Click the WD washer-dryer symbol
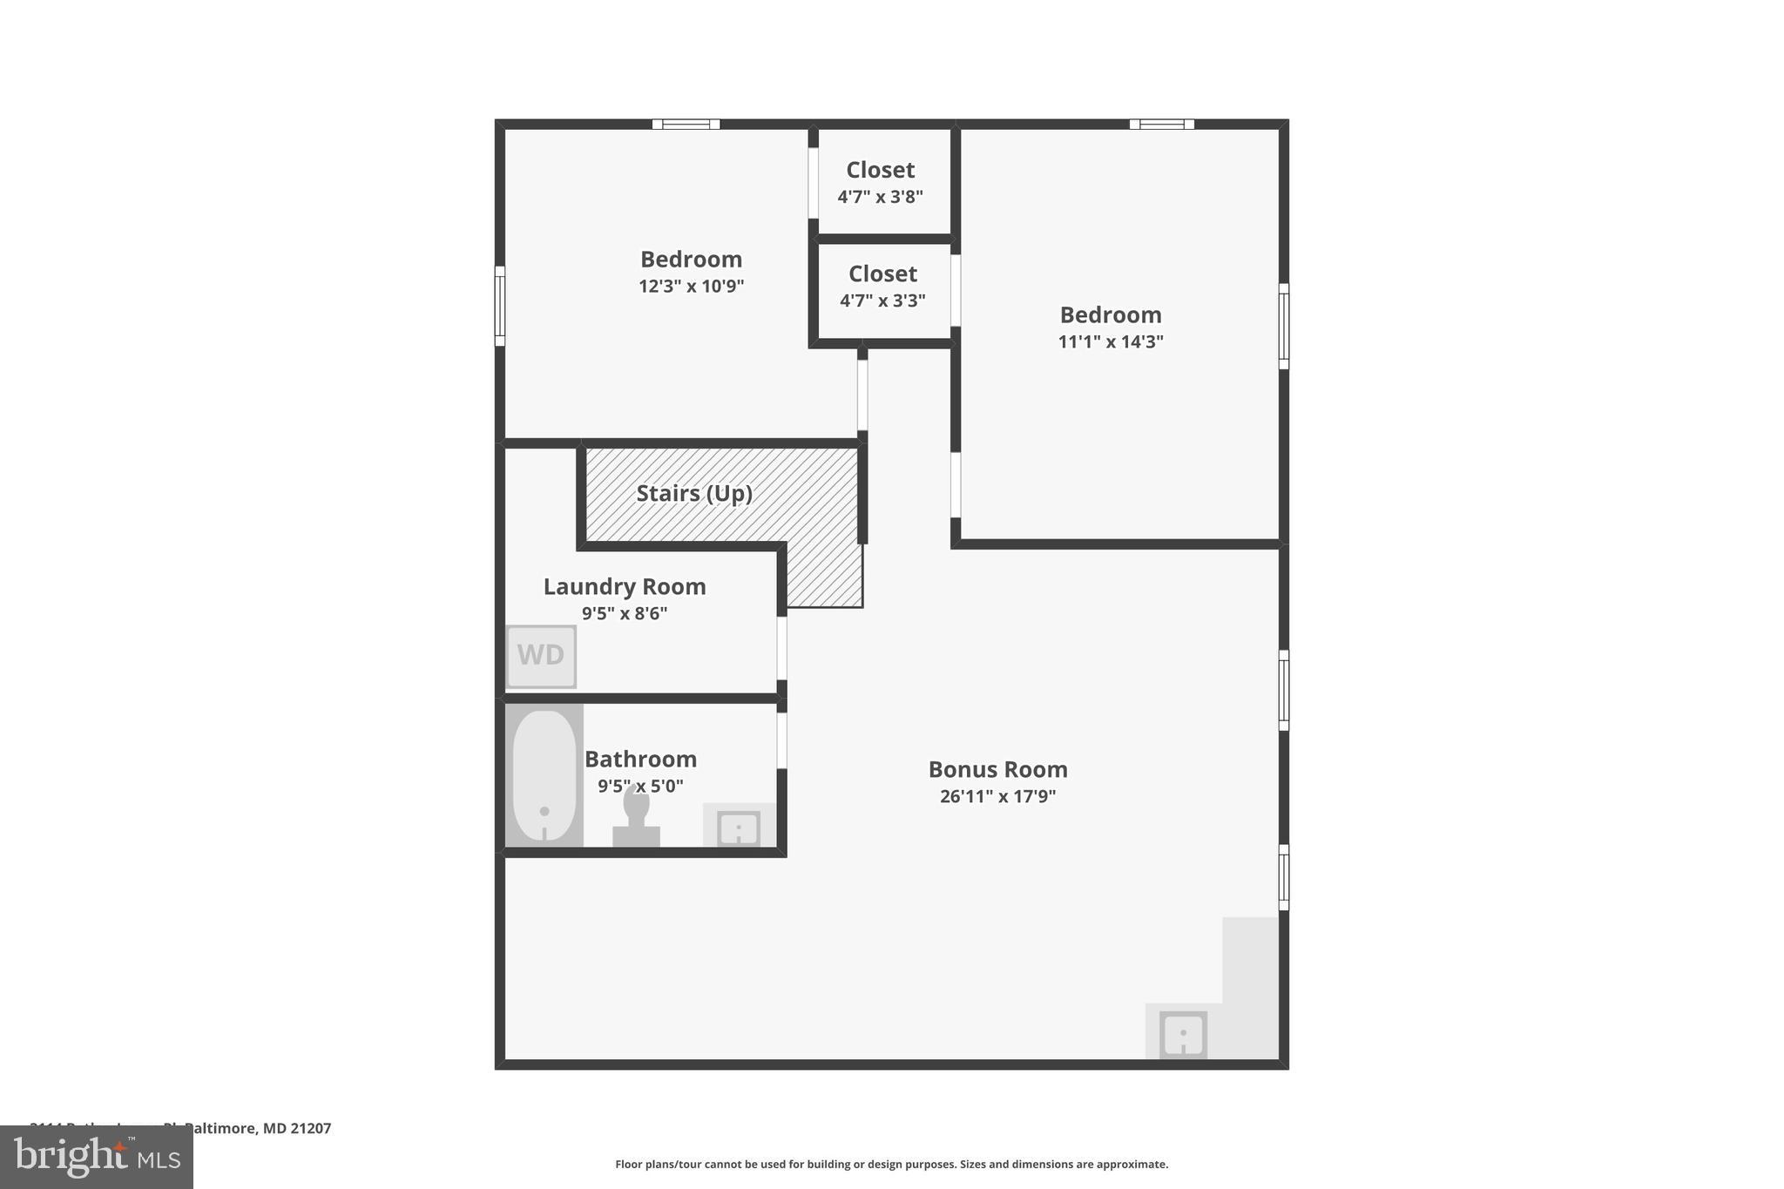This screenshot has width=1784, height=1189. click(x=541, y=656)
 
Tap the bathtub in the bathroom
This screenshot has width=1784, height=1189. click(x=544, y=775)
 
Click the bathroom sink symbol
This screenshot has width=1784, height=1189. click(x=739, y=827)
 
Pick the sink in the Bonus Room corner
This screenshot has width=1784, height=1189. click(x=1183, y=1035)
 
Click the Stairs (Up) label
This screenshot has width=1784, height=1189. click(x=694, y=493)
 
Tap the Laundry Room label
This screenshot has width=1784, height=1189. click(x=625, y=586)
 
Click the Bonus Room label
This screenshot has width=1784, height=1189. click(x=997, y=769)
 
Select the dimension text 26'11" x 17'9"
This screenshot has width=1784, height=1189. click(x=997, y=796)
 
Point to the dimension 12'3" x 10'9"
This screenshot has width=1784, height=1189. click(x=691, y=287)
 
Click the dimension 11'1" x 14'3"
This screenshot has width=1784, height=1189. click(x=1111, y=341)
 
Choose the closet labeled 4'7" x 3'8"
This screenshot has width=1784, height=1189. click(x=881, y=182)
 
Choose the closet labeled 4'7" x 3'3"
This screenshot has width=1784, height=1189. click(x=882, y=287)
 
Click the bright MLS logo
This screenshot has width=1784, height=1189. click(x=97, y=1158)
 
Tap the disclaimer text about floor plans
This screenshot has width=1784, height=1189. click(x=891, y=1164)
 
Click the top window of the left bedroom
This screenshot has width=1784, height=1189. click(x=686, y=124)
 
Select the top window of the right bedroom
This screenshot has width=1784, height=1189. click(x=1161, y=124)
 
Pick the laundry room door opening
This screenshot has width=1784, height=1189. click(x=781, y=648)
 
